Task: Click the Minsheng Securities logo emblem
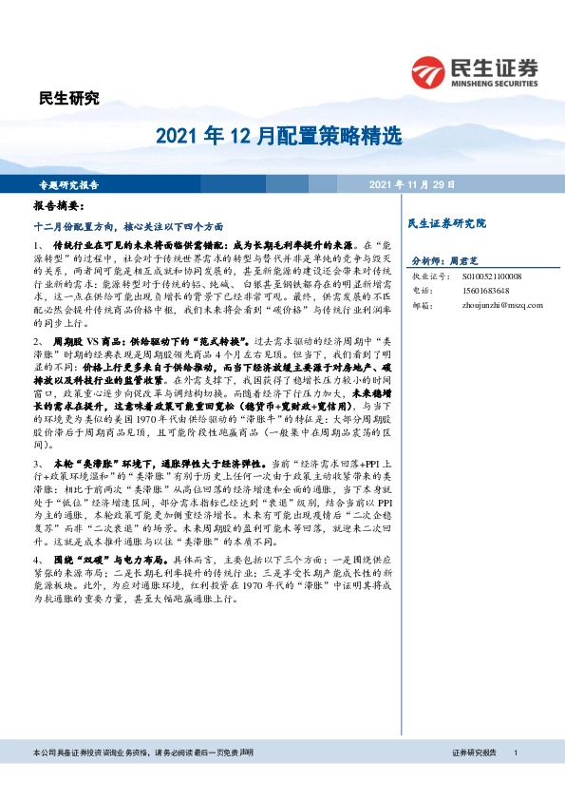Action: tap(430, 70)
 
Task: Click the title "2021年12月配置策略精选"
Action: tap(282, 137)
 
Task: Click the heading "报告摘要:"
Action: tap(59, 205)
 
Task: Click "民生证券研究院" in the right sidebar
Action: tap(446, 223)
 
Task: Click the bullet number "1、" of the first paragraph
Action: tap(38, 245)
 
